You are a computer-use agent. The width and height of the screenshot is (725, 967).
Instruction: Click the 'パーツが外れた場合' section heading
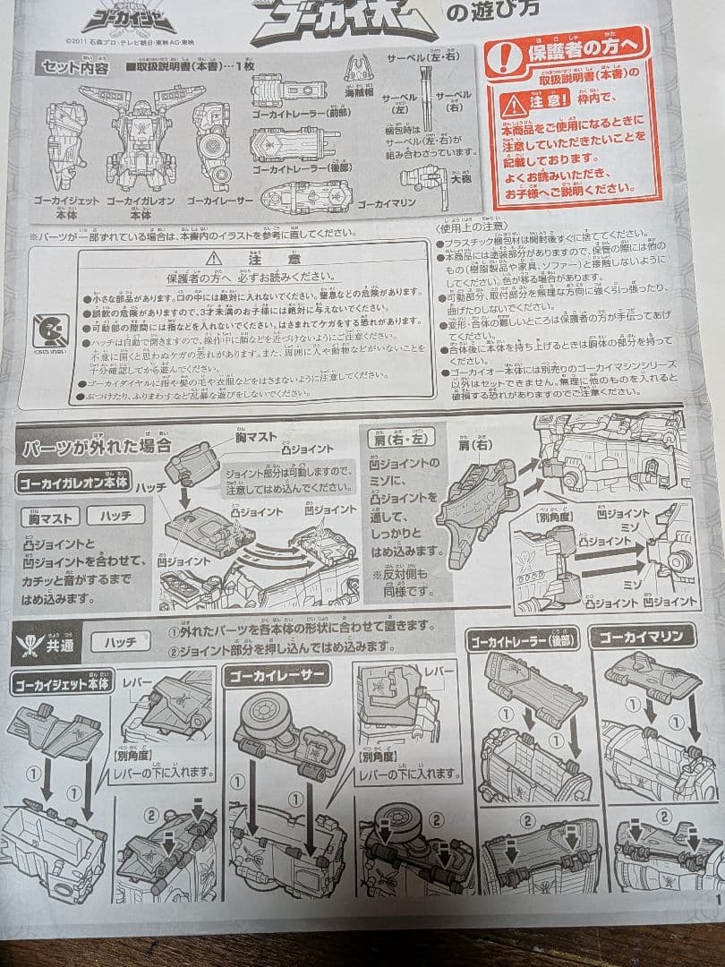coord(93,445)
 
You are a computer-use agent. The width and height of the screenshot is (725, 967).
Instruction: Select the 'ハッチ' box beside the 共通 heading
coord(120,642)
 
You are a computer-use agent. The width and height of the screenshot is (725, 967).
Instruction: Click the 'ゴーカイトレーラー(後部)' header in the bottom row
coord(523,638)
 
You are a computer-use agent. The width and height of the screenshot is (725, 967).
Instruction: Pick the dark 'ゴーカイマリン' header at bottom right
coord(641,637)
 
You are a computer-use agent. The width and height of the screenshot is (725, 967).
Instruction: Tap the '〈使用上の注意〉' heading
coord(472,227)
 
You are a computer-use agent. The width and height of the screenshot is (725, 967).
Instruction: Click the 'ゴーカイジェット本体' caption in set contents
coord(68,208)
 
